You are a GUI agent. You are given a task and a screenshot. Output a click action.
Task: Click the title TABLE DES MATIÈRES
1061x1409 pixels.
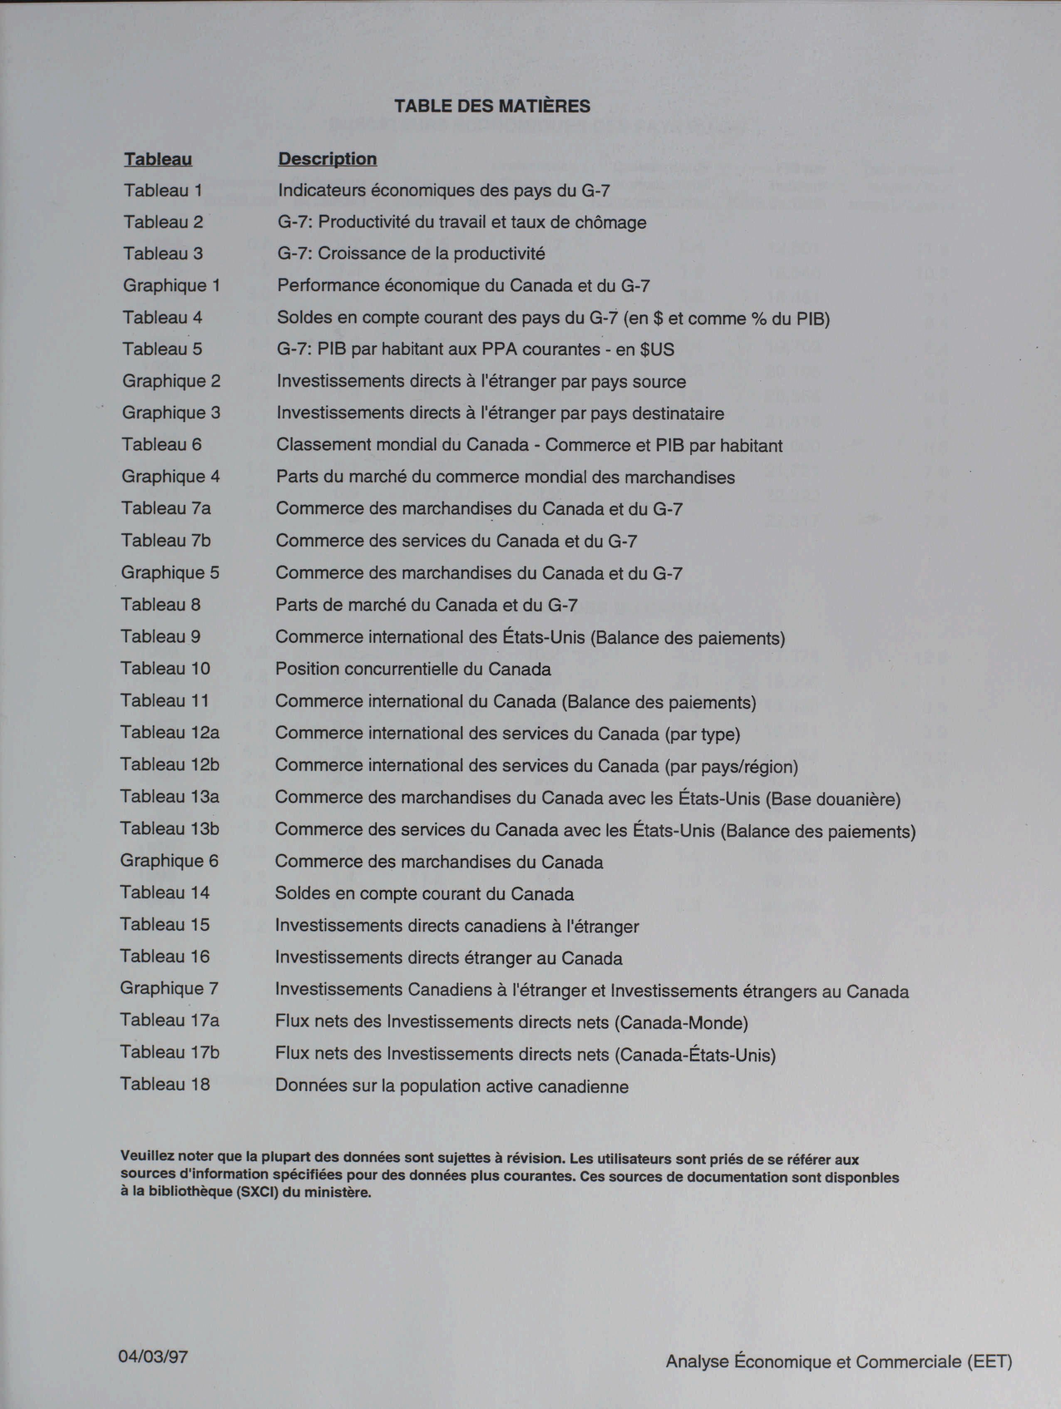(492, 106)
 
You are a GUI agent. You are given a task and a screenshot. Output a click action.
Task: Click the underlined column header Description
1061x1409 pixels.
(327, 158)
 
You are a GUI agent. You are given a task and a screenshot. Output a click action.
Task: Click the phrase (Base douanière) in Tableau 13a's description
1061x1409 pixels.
(833, 799)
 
